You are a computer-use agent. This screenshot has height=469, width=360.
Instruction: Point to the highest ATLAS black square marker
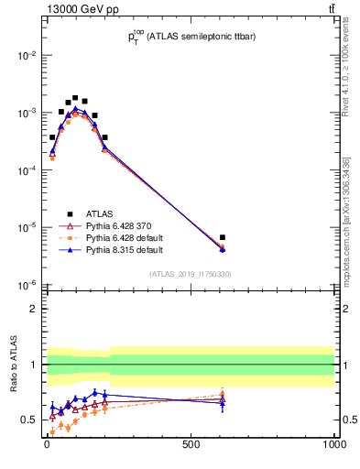click(x=75, y=97)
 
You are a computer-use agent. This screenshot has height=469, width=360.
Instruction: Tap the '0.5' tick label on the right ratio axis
click(x=348, y=420)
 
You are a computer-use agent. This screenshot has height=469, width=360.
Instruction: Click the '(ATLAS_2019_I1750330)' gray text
click(x=191, y=274)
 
